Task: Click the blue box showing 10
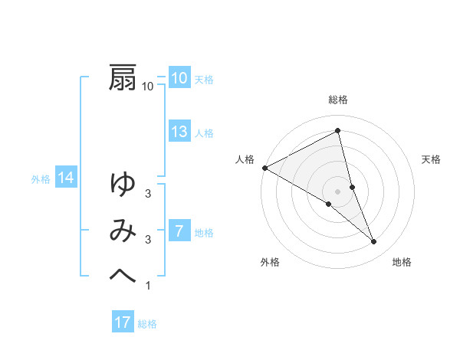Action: pos(179,78)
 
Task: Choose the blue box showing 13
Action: pos(179,132)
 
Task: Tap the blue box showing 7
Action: pos(179,231)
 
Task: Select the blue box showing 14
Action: pos(66,178)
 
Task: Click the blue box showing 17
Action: pos(123,322)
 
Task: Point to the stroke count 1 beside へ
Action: pos(148,286)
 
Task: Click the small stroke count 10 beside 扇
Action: pos(148,87)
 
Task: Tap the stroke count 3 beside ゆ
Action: pos(148,194)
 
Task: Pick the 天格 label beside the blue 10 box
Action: pos(204,80)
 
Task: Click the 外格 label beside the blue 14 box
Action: pos(41,180)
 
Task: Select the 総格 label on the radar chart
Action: pos(338,100)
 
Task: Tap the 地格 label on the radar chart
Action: pos(402,262)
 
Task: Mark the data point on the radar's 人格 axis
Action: pos(264,167)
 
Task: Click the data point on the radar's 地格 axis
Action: pos(374,242)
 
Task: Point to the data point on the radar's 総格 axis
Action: pos(338,130)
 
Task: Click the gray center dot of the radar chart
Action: pos(338,191)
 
